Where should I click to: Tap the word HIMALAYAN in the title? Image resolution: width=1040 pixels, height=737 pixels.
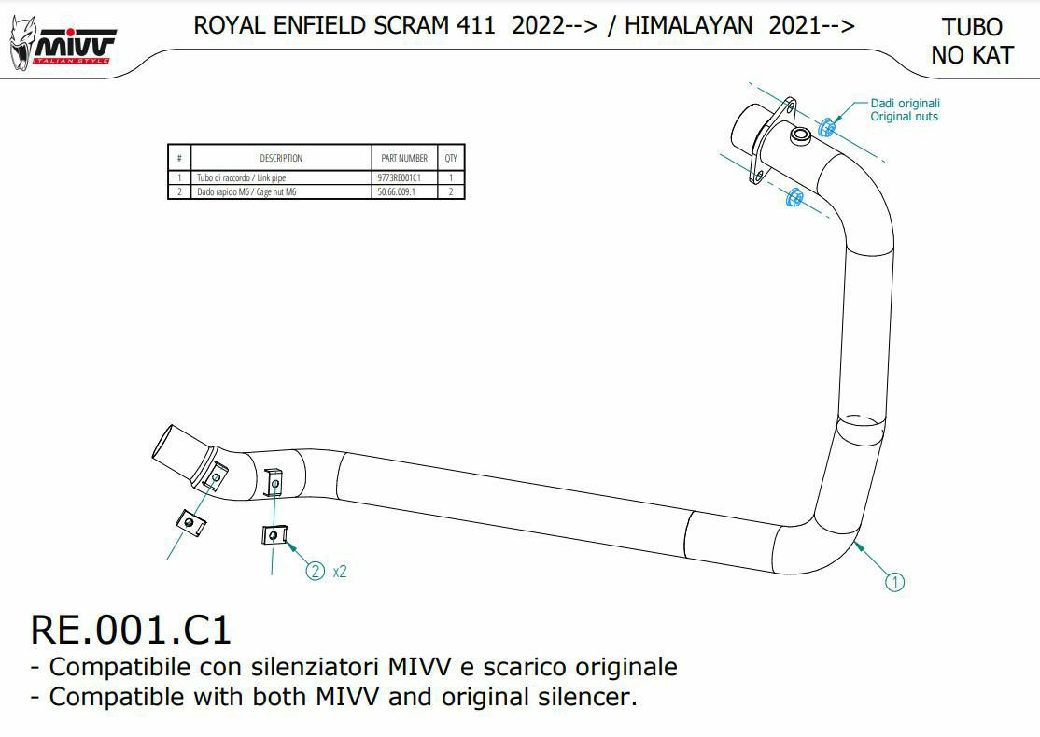[x=688, y=26]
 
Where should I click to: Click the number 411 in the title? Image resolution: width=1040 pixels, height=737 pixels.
[x=476, y=26]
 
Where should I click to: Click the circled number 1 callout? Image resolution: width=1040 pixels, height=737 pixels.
[x=893, y=583]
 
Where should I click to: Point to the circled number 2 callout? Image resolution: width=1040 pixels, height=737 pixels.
[x=316, y=571]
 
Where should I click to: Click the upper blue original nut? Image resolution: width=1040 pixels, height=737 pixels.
[x=826, y=127]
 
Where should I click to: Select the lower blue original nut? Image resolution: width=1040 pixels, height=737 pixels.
[x=794, y=197]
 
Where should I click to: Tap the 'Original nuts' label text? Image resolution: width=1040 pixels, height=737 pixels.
[x=904, y=117]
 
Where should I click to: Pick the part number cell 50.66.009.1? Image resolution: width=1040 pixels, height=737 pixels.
[x=396, y=191]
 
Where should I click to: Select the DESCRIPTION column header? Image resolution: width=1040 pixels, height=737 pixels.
[x=281, y=158]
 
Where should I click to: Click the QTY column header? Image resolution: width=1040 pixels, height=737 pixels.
[x=451, y=158]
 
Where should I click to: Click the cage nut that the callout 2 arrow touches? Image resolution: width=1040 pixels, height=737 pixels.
[x=274, y=535]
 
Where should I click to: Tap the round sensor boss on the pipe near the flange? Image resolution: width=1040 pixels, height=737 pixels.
[x=800, y=137]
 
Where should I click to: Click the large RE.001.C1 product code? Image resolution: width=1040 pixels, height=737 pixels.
[x=131, y=629]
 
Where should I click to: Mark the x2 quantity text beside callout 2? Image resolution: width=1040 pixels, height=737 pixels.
[x=340, y=572]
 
